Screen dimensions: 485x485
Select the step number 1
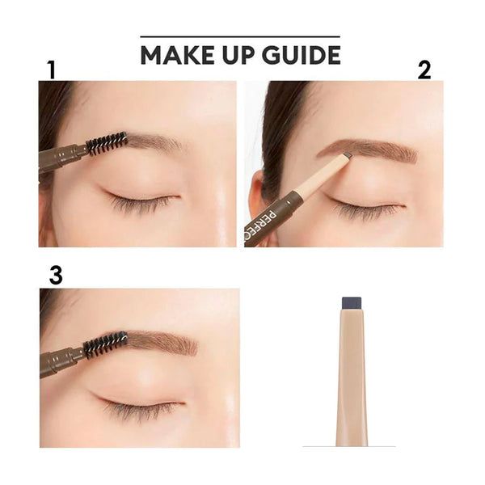pos(52,70)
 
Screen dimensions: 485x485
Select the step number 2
pos(425,70)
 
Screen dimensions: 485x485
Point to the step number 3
pos(55,275)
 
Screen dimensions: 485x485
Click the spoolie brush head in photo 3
pos(105,345)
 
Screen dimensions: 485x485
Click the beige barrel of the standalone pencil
pos(352,380)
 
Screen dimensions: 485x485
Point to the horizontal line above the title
pos(239,36)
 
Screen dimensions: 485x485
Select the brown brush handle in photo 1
pos(61,157)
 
